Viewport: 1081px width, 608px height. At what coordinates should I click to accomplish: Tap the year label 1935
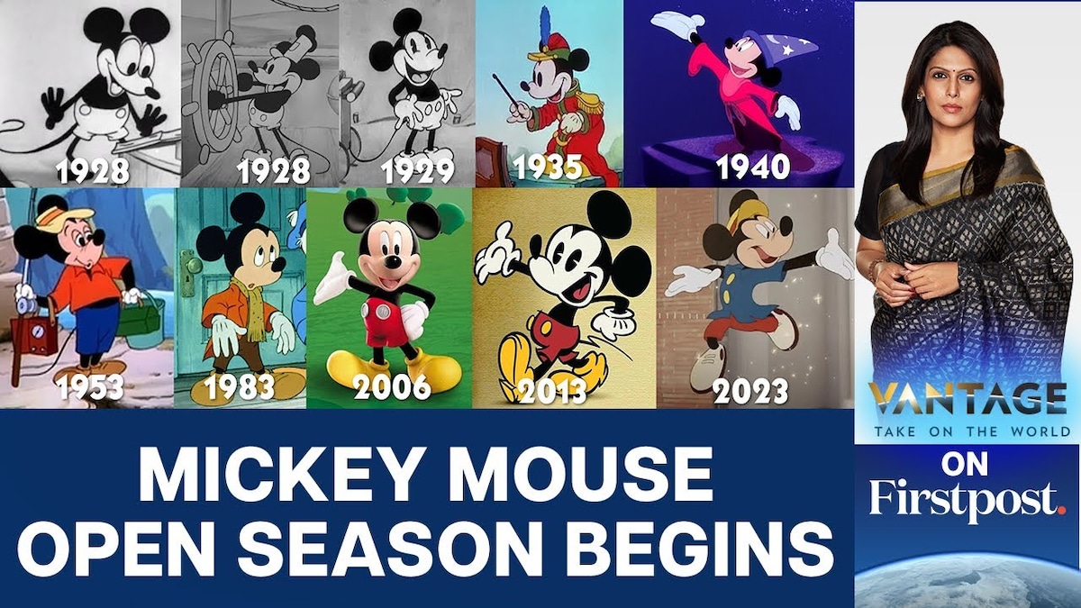[549, 168]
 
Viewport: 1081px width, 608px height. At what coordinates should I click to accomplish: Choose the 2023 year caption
[750, 390]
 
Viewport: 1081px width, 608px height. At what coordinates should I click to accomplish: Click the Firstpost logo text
[967, 498]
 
